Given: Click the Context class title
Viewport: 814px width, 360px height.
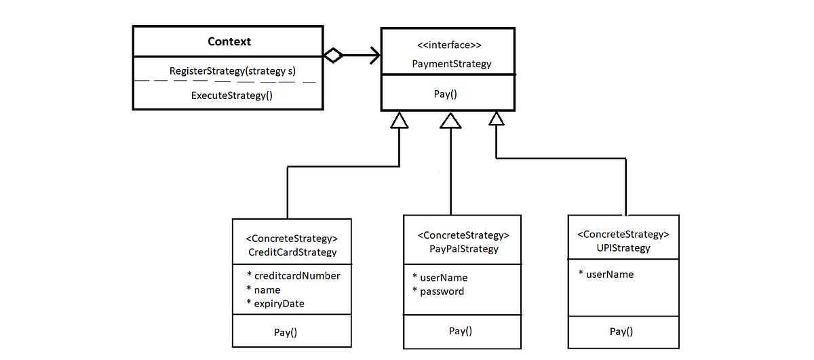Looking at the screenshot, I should tap(229, 41).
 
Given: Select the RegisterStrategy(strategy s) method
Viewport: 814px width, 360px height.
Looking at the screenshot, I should tap(233, 71).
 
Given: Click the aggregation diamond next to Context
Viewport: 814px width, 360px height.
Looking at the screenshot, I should tap(332, 56).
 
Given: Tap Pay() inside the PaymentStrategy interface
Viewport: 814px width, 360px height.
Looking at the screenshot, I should tap(445, 94).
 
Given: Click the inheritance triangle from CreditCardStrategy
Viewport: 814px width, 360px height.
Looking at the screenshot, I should tap(400, 120).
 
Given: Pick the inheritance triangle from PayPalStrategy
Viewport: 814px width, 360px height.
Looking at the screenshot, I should tap(450, 120).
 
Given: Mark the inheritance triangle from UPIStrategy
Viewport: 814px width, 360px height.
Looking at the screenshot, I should tap(497, 119).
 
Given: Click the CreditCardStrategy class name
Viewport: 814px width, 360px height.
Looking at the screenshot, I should tap(292, 252).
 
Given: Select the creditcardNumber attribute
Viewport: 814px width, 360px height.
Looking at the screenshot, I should tap(296, 275).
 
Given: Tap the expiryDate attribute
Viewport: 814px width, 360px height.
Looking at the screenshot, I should tap(279, 304).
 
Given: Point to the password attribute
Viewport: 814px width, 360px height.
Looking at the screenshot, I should tap(442, 291).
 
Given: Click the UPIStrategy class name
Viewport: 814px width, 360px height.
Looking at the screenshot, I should tap(623, 247).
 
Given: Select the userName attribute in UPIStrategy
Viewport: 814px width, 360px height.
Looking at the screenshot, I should tap(609, 274).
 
